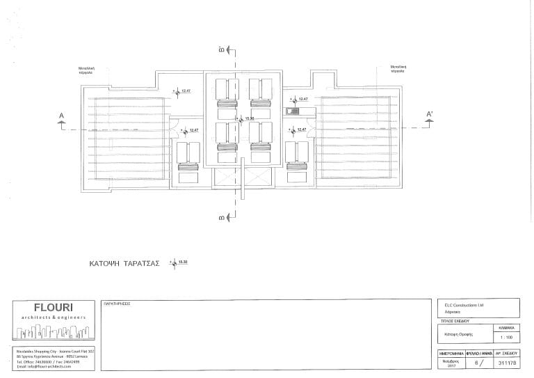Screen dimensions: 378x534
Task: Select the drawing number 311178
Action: coord(505,363)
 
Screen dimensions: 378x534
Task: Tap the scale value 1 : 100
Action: coord(505,337)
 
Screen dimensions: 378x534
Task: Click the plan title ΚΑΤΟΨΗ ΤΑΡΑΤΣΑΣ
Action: coord(125,264)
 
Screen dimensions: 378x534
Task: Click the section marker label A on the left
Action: coord(62,115)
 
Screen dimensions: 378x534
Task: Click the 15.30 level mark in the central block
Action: coord(250,119)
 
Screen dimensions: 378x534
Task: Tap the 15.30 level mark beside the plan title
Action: coord(184,262)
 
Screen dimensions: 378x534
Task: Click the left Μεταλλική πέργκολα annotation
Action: coord(87,69)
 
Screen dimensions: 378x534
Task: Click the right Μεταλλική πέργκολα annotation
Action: coord(398,69)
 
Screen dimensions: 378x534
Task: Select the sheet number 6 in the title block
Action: coord(476,363)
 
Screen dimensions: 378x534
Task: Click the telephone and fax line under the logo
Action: coord(43,361)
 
